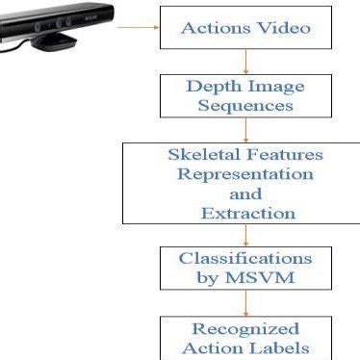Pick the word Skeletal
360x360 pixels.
199,155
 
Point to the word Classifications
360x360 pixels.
245,259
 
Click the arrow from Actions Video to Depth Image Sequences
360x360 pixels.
245,61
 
